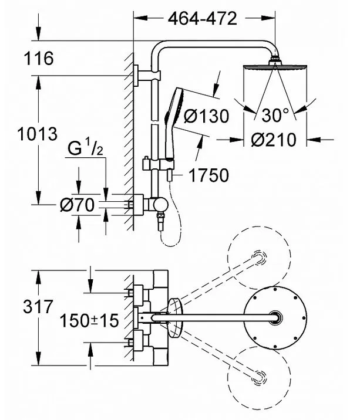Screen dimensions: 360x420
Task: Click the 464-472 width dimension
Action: [x=202, y=19]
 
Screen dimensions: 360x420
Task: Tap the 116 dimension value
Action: [x=39, y=59]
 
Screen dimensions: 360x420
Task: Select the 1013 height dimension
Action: [x=37, y=134]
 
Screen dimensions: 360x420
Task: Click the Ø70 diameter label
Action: [x=78, y=205]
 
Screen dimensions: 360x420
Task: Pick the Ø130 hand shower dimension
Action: [x=207, y=116]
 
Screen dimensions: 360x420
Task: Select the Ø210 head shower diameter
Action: [x=274, y=140]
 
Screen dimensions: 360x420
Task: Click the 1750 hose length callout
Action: [x=209, y=175]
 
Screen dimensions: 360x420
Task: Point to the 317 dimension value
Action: [x=38, y=307]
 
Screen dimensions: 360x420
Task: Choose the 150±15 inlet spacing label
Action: [x=89, y=320]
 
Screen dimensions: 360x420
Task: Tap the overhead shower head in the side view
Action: [x=275, y=66]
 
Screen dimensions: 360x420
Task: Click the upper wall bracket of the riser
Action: [x=146, y=76]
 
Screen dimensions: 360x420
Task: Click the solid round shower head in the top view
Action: [x=275, y=318]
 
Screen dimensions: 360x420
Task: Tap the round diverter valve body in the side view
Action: [x=161, y=205]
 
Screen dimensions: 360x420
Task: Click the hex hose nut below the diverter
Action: [x=161, y=216]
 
